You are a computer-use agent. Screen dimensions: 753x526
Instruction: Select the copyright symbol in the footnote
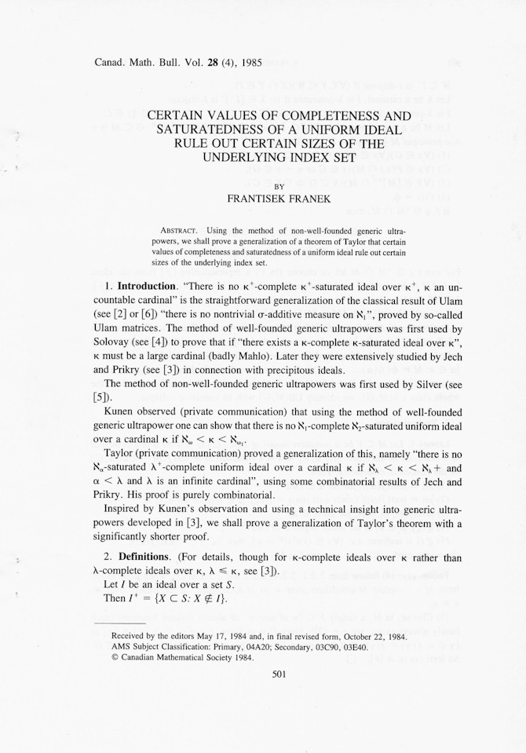[115, 658]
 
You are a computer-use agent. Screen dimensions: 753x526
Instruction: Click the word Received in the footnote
[130, 636]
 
